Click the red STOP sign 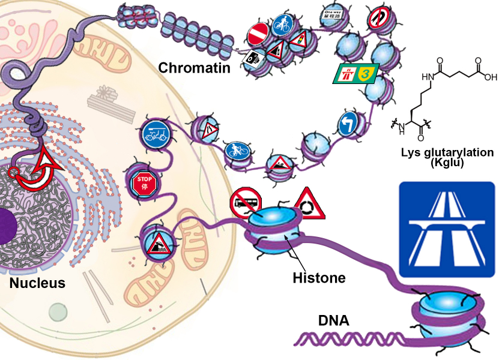click(143, 181)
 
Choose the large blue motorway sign click(447, 230)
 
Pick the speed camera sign click(252, 59)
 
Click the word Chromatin click(194, 68)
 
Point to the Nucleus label click(37, 283)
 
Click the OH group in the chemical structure click(490, 77)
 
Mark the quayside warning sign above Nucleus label click(158, 244)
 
